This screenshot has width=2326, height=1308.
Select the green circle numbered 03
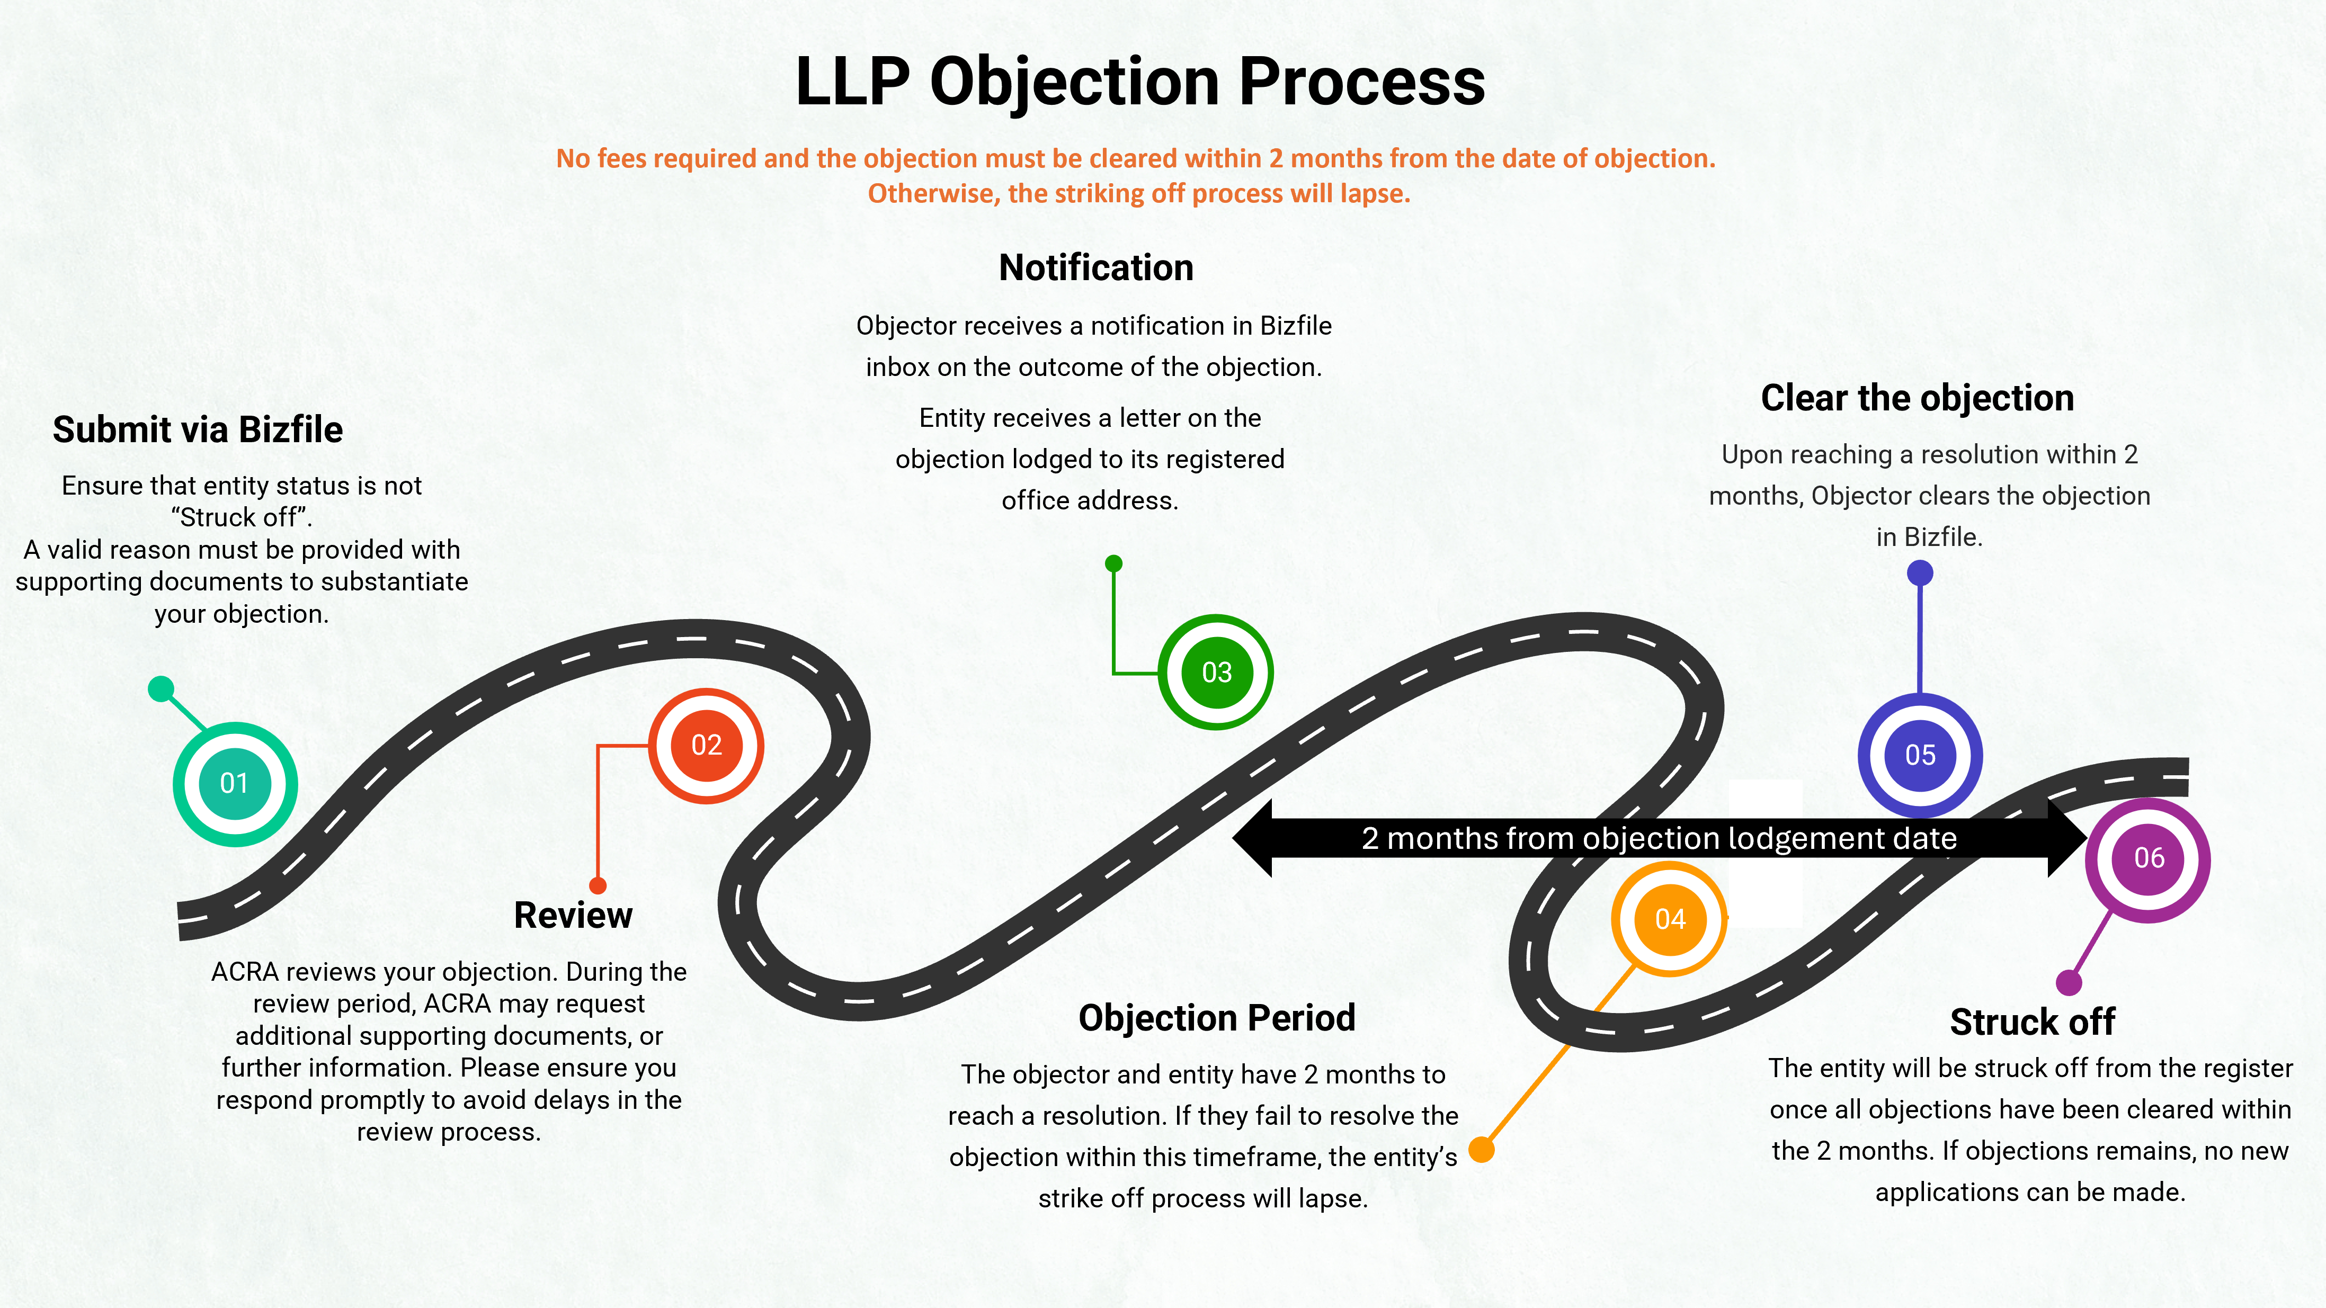coord(1216,673)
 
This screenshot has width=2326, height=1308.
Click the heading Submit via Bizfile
coord(198,429)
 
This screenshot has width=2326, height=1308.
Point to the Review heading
coord(573,915)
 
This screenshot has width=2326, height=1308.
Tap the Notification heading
coord(1096,268)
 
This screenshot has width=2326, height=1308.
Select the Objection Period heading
coord(1216,1018)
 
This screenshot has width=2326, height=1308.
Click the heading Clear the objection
coord(1917,398)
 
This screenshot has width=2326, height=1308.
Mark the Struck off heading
coord(2031,1022)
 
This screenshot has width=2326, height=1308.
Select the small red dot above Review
coord(598,885)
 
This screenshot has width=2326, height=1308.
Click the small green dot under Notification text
coord(1114,564)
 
